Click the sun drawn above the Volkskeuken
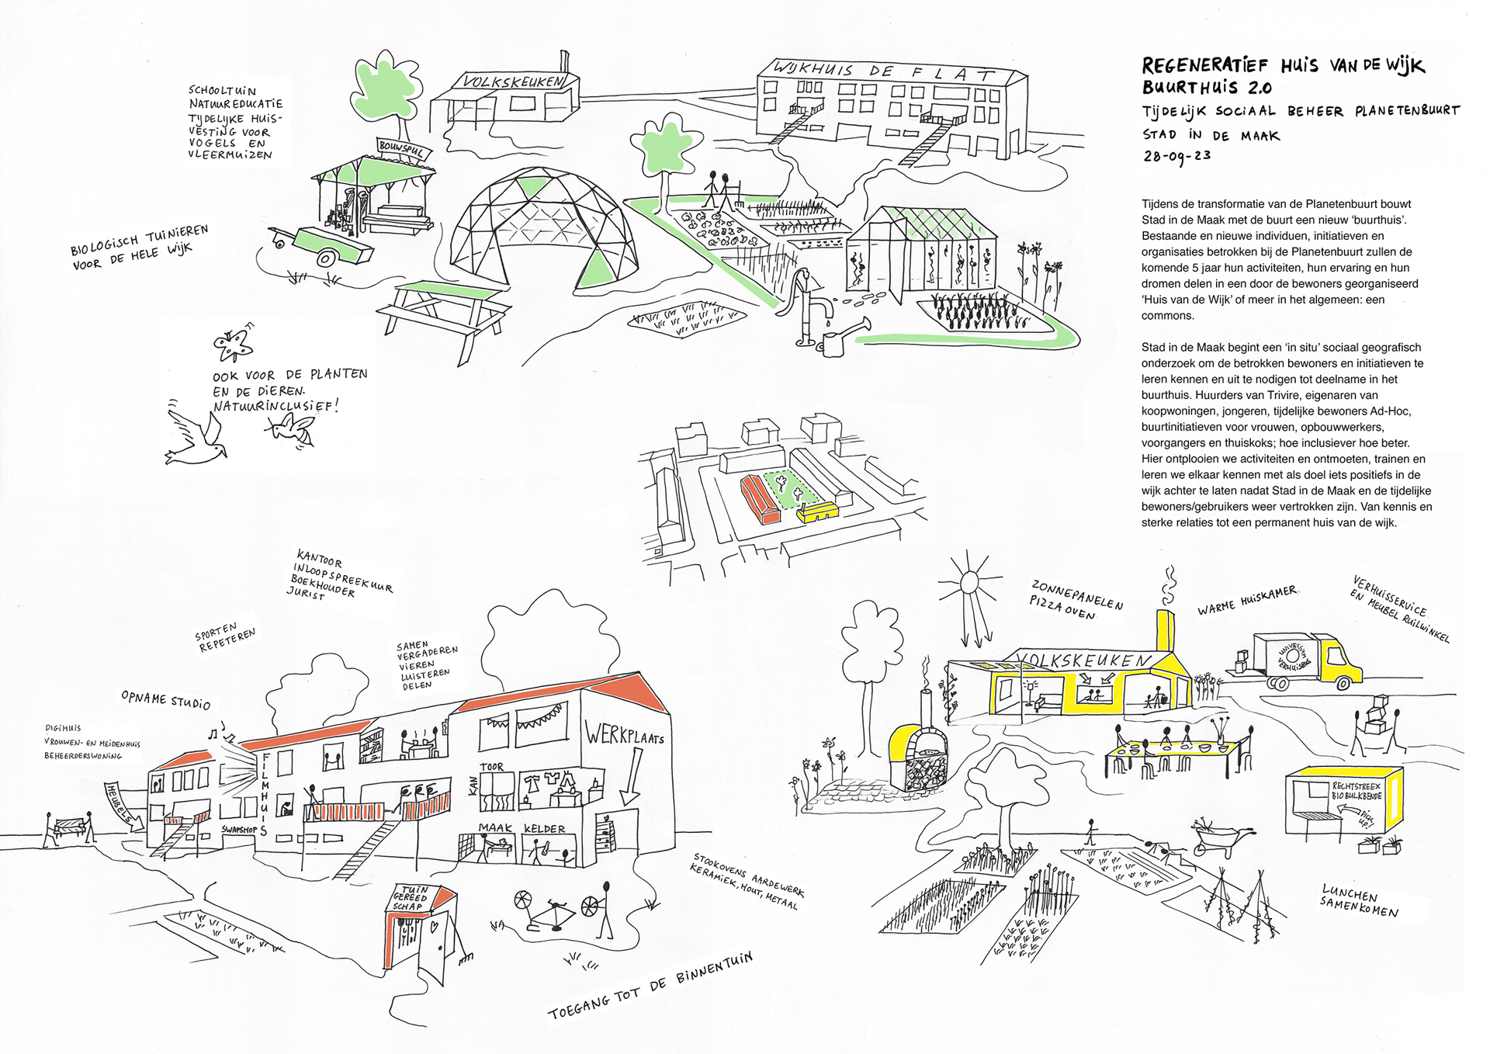click(968, 583)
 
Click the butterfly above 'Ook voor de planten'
click(232, 345)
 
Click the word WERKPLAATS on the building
click(625, 734)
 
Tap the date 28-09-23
click(1176, 156)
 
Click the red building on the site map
click(759, 501)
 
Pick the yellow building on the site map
click(819, 511)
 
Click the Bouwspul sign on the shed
click(400, 147)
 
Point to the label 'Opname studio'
click(165, 699)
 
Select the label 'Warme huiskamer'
click(1246, 600)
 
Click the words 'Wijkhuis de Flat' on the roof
click(885, 73)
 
